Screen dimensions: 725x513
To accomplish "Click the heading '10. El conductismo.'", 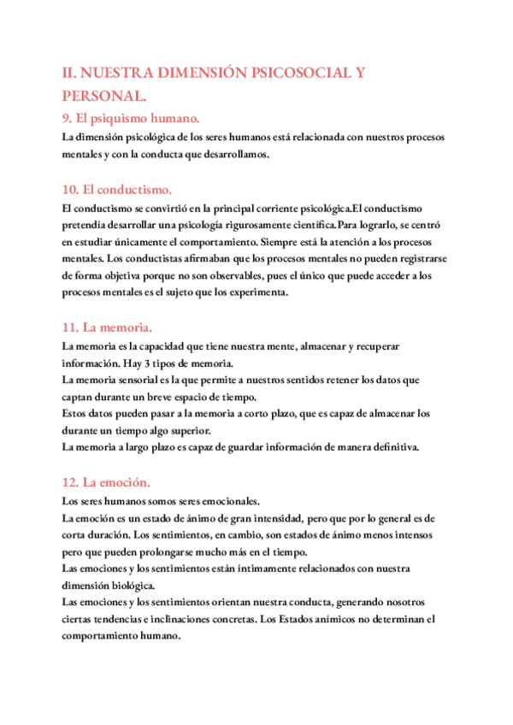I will [x=117, y=189].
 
